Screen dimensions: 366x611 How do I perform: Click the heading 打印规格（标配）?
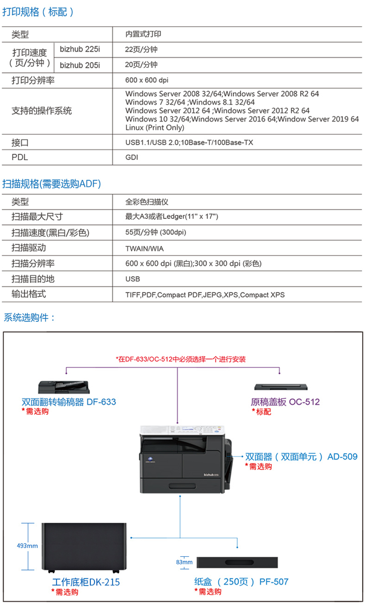pyautogui.click(x=38, y=12)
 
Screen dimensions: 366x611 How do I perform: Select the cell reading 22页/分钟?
pyautogui.click(x=141, y=49)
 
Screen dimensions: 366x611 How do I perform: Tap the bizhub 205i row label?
pyautogui.click(x=80, y=65)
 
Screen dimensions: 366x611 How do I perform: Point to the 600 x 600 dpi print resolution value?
pyautogui.click(x=146, y=80)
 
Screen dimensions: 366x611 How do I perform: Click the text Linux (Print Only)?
pyautogui.click(x=155, y=127)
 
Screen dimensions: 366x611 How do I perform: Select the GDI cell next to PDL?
pyautogui.click(x=132, y=157)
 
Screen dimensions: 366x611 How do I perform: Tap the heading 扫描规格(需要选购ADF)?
pyautogui.click(x=52, y=184)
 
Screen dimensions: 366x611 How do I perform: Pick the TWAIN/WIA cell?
pyautogui.click(x=144, y=249)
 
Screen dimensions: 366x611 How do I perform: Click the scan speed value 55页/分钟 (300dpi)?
pyautogui.click(x=156, y=232)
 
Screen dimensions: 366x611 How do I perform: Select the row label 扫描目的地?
pyautogui.click(x=33, y=279)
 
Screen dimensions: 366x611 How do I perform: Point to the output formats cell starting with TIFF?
pyautogui.click(x=205, y=295)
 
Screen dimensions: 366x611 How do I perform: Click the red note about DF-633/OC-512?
pyautogui.click(x=181, y=359)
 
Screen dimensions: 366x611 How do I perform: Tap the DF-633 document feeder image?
pyautogui.click(x=64, y=387)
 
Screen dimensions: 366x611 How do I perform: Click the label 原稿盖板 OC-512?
pyautogui.click(x=285, y=402)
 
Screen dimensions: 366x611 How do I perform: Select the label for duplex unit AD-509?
pyautogui.click(x=301, y=456)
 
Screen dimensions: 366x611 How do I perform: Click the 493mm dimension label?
pyautogui.click(x=27, y=546)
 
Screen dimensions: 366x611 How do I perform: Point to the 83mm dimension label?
pyautogui.click(x=184, y=562)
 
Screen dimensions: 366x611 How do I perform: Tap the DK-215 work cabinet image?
pyautogui.click(x=84, y=548)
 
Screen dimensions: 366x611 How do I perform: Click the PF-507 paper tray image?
pyautogui.click(x=237, y=562)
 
